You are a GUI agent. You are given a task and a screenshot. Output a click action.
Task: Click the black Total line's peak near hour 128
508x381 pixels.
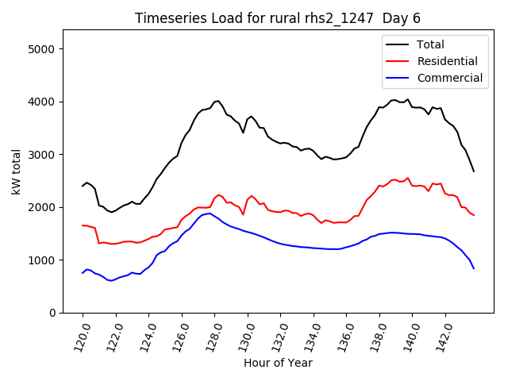(x=217, y=101)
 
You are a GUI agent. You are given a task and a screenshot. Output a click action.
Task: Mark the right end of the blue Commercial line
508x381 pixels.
(x=474, y=268)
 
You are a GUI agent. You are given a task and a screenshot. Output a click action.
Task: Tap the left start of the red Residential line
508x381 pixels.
(x=83, y=225)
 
